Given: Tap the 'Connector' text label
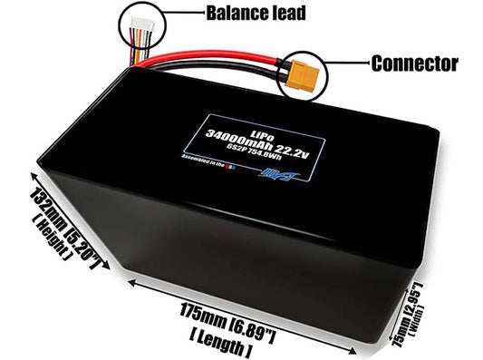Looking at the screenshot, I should point(414,64).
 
